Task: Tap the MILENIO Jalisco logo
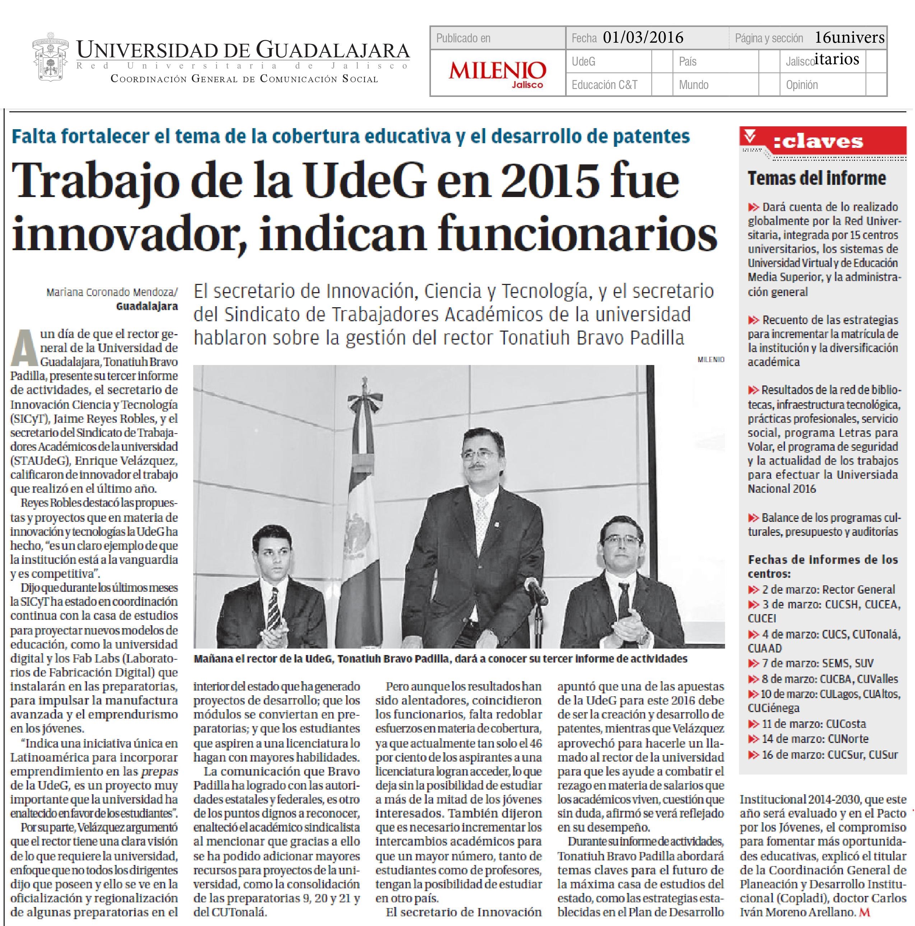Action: pyautogui.click(x=497, y=73)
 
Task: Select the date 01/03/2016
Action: pyautogui.click(x=642, y=37)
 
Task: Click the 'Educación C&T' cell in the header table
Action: pyautogui.click(x=604, y=85)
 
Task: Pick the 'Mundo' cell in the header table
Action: pyautogui.click(x=693, y=85)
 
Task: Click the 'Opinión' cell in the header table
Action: pyautogui.click(x=802, y=85)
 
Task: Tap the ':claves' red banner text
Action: pyautogui.click(x=818, y=141)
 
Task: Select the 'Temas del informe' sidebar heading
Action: pyautogui.click(x=817, y=178)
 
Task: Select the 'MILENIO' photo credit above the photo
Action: pyautogui.click(x=711, y=360)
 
